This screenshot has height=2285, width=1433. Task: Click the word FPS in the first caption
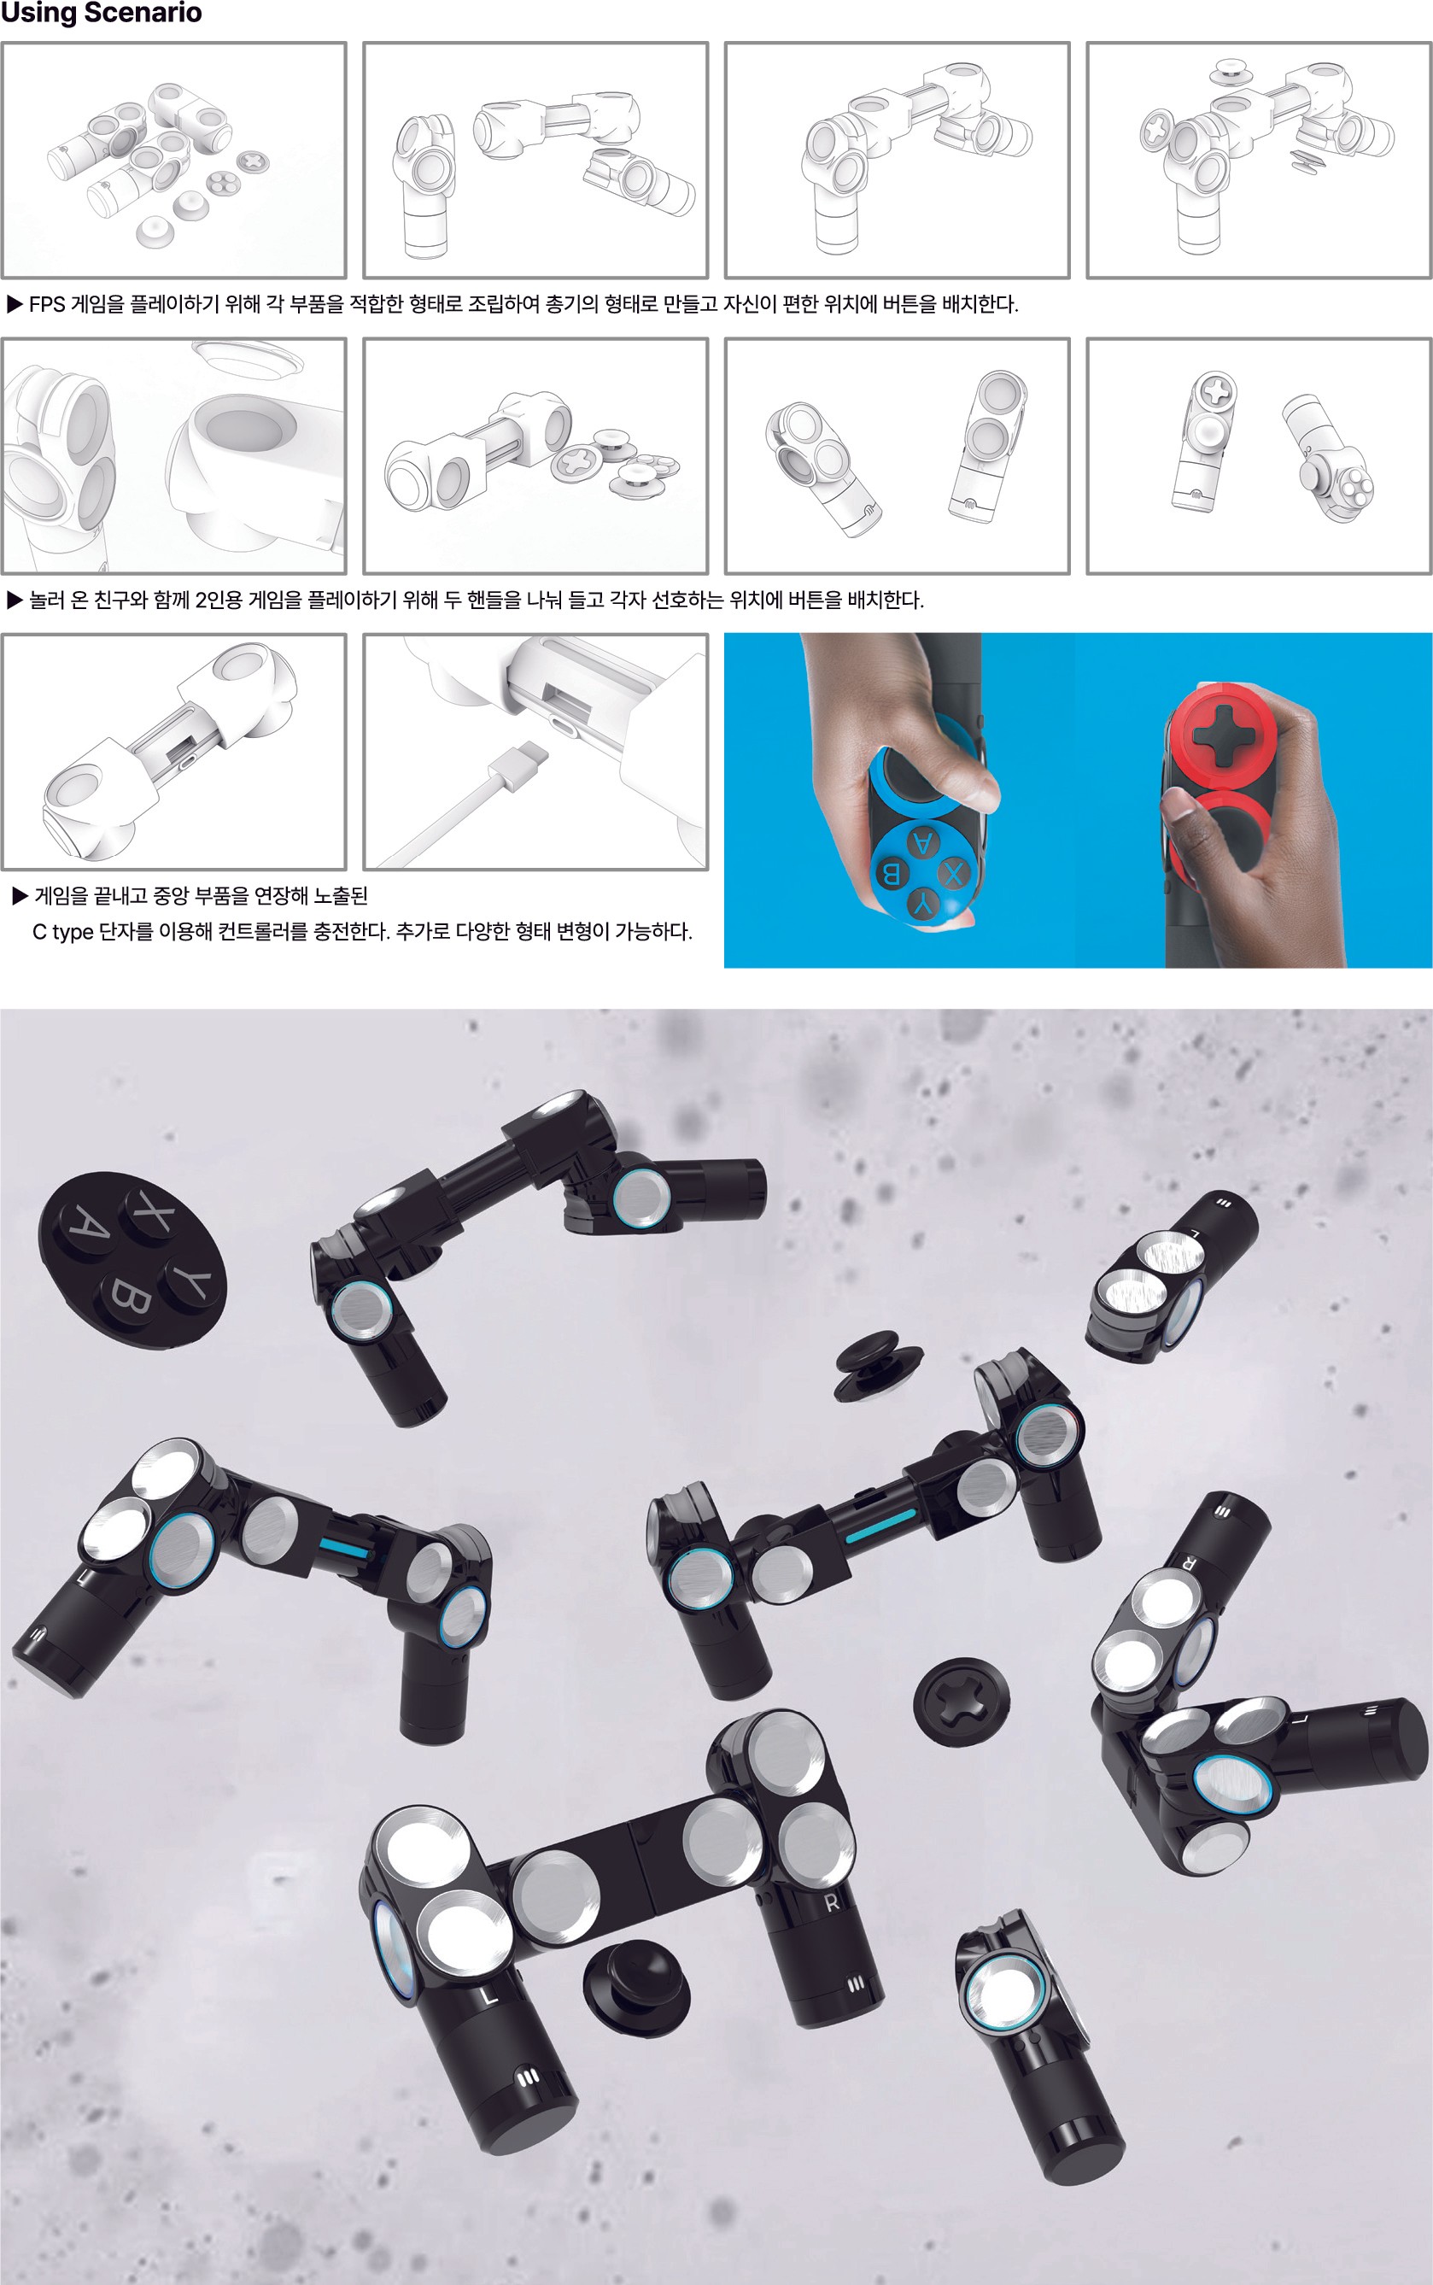[47, 304]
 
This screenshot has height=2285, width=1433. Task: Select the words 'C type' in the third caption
[62, 932]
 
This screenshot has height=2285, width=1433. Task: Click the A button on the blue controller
[922, 842]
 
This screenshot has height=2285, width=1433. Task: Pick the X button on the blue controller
[953, 874]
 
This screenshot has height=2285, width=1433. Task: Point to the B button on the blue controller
[891, 872]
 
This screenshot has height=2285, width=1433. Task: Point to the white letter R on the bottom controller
[831, 1902]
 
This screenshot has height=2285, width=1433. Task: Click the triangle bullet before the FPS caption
[15, 304]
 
